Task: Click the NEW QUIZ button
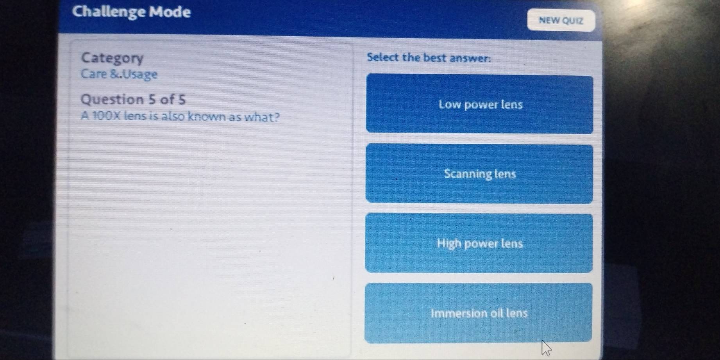(561, 21)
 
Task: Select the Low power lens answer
(479, 104)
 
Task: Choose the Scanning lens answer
(479, 174)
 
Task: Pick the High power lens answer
(479, 243)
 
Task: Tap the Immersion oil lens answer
(479, 313)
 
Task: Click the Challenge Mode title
(132, 12)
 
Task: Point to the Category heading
(113, 58)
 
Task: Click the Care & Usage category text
(119, 74)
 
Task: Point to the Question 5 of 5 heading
(133, 100)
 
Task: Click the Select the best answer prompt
(429, 58)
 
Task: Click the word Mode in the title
(171, 12)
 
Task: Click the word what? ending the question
(263, 117)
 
